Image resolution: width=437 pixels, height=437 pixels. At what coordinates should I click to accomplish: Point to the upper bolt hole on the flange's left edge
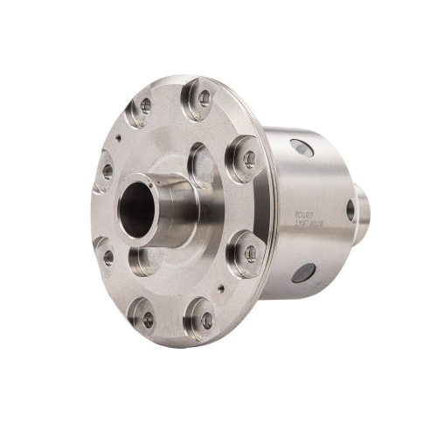[x=108, y=172]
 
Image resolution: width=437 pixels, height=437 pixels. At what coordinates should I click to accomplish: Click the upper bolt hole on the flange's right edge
[x=249, y=158]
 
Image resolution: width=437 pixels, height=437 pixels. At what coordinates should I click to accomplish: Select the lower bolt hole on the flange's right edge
[x=250, y=253]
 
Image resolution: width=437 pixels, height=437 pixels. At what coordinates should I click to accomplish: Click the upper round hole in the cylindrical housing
[x=302, y=149]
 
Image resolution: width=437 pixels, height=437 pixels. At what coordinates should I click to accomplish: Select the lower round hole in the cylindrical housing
[x=303, y=273]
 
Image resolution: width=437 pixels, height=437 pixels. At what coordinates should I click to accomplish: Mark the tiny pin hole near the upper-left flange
[x=117, y=137]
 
